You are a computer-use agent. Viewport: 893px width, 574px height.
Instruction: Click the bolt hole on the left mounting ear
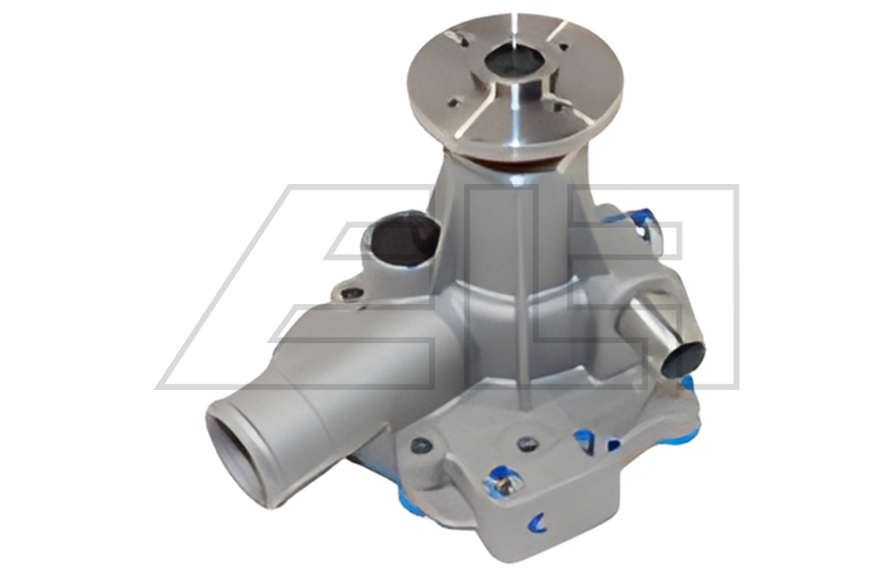[x=352, y=293]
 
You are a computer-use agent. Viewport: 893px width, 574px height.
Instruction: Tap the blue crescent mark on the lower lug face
[x=537, y=522]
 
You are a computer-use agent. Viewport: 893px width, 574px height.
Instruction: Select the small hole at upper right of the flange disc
[x=564, y=48]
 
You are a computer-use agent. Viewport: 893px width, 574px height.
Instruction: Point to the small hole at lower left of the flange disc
[x=455, y=104]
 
